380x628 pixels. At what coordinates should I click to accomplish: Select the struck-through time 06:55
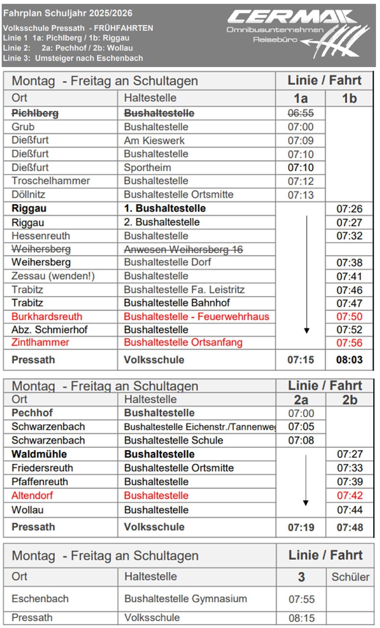click(300, 113)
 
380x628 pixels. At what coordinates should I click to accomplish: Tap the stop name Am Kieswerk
click(154, 140)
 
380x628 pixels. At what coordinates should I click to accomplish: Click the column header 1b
click(349, 99)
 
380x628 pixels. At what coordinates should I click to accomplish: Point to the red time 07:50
click(349, 316)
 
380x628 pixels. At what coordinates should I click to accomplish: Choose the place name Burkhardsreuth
click(47, 316)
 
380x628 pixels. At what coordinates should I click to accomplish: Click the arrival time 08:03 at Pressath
click(349, 360)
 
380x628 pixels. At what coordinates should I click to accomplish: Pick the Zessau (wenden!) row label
click(53, 276)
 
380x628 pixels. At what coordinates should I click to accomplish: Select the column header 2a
click(301, 400)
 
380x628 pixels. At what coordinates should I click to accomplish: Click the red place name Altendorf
click(32, 495)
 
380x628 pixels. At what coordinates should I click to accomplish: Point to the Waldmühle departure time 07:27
click(350, 454)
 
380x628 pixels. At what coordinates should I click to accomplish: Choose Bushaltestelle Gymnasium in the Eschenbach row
click(185, 598)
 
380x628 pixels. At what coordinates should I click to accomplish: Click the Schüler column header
click(350, 577)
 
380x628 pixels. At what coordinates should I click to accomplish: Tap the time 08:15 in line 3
click(301, 618)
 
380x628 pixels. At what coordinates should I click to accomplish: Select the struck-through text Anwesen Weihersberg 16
click(183, 249)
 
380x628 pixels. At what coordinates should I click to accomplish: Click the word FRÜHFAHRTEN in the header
click(124, 28)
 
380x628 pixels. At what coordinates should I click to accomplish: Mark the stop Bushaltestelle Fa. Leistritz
click(184, 289)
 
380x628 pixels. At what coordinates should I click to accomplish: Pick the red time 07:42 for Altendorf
click(350, 495)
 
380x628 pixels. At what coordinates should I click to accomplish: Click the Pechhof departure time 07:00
click(301, 413)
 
